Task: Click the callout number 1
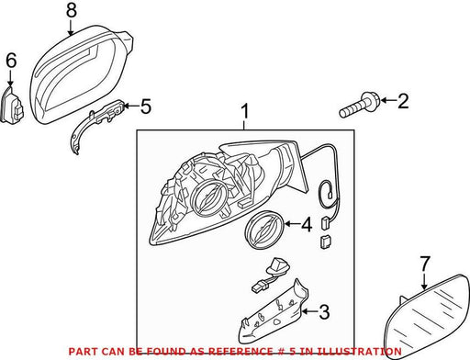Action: coord(244,112)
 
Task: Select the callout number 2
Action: coord(403,101)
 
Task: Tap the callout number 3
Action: coord(324,312)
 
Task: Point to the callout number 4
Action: coord(307,224)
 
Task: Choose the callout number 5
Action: coord(146,107)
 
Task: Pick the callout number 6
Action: coord(11,60)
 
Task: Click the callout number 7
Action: coord(424,264)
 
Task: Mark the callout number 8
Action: coord(71,10)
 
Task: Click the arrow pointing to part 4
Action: coord(293,224)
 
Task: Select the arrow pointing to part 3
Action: coord(309,312)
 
